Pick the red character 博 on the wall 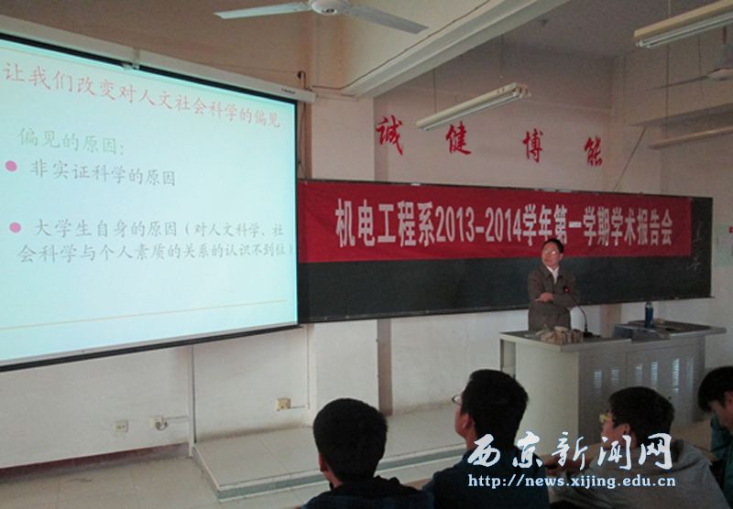pyautogui.click(x=531, y=146)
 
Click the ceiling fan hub pyautogui.click(x=327, y=6)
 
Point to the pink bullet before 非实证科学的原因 pyautogui.click(x=11, y=166)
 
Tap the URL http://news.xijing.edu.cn pyautogui.click(x=572, y=479)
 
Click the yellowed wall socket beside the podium pyautogui.click(x=284, y=403)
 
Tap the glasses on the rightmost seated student pyautogui.click(x=607, y=418)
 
